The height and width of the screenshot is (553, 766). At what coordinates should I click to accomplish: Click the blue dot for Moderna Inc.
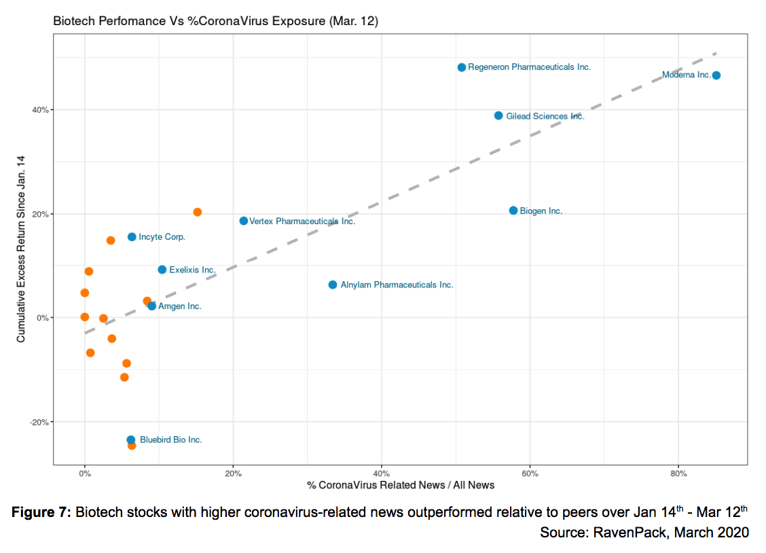point(716,75)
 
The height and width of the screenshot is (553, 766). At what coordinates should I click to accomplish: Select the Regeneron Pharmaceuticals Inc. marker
point(462,67)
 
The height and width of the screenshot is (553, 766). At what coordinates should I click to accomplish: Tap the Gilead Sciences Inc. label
point(545,116)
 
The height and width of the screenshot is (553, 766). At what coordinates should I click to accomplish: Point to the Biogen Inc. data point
point(513,211)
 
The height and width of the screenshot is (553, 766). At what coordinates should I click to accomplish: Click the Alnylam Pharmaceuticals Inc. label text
point(397,285)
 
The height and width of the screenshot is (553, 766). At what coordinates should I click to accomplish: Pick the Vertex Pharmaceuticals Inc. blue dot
point(244,221)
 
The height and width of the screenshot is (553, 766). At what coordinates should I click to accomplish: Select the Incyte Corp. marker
point(132,237)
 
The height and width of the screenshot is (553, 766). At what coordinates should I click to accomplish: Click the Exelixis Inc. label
point(192,270)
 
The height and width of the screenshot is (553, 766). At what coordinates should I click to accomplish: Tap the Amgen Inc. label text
point(179,306)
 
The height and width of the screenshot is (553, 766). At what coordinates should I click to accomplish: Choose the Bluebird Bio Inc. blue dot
point(131,440)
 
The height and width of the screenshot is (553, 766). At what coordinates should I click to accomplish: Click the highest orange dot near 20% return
point(198,212)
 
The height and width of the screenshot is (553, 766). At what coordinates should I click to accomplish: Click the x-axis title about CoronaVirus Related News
point(401,485)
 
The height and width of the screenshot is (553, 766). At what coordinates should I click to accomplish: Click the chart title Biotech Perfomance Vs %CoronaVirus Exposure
point(215,22)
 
